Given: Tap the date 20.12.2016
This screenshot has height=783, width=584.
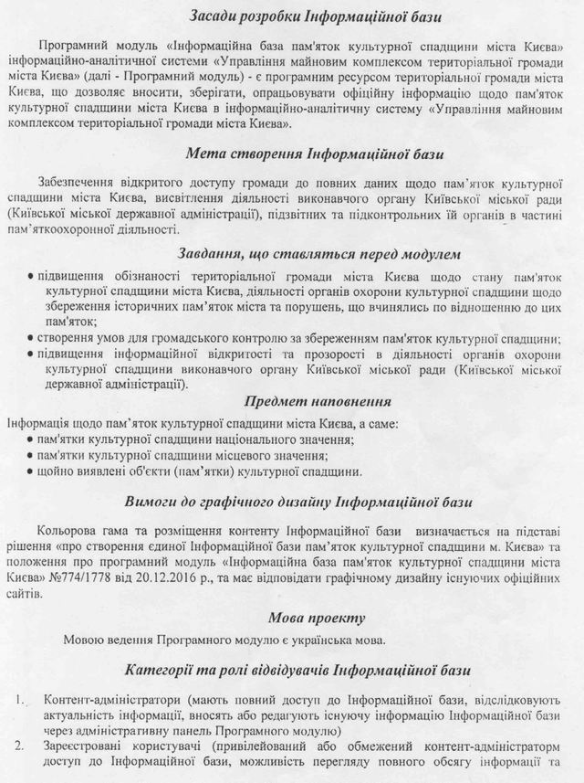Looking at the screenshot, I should click(174, 579).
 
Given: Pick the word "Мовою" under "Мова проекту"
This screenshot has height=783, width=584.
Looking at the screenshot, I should click(85, 639).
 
